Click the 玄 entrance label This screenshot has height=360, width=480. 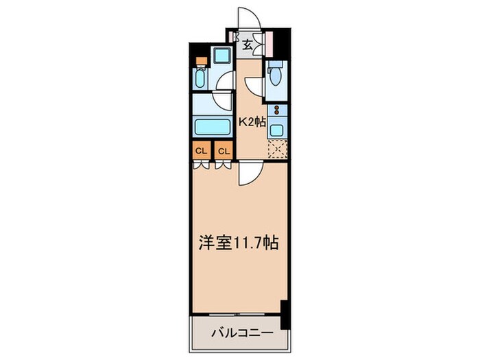click(x=248, y=45)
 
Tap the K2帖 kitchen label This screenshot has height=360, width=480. click(x=251, y=121)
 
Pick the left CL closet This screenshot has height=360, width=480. click(x=201, y=151)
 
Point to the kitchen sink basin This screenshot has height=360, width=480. click(x=276, y=128)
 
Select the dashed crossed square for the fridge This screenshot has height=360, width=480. click(x=276, y=149)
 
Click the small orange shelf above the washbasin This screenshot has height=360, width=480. click(x=200, y=60)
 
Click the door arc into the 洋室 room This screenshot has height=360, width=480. click(x=248, y=174)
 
